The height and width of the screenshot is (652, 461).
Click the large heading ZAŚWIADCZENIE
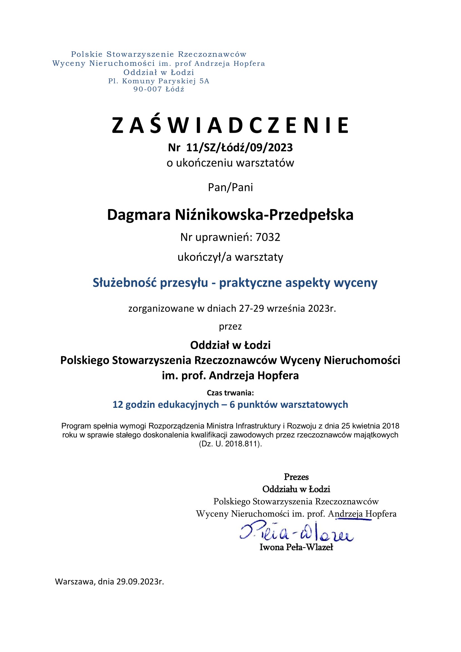click(230, 125)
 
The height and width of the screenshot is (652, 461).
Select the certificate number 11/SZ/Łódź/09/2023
click(239, 148)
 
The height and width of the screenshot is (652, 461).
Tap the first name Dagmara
click(139, 215)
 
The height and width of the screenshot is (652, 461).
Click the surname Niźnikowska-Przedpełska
click(264, 215)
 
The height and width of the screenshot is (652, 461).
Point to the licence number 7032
click(268, 237)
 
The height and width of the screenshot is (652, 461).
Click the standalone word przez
click(230, 327)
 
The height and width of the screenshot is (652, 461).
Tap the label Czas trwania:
click(230, 393)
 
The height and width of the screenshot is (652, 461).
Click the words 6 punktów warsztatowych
click(289, 405)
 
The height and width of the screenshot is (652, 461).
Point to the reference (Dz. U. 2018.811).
click(230, 444)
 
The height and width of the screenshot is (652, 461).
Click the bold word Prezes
click(296, 477)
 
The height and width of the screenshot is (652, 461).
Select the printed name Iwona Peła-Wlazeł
click(296, 547)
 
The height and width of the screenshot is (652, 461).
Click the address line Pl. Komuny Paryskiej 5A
click(159, 81)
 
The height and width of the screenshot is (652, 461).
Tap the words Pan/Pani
click(230, 187)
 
